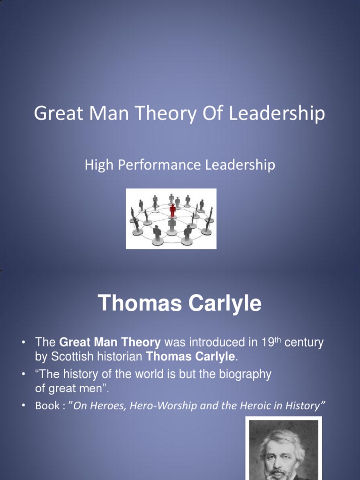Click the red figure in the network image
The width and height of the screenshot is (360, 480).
172,210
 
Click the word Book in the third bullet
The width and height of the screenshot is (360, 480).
47,406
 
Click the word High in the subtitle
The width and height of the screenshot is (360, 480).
96,165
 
